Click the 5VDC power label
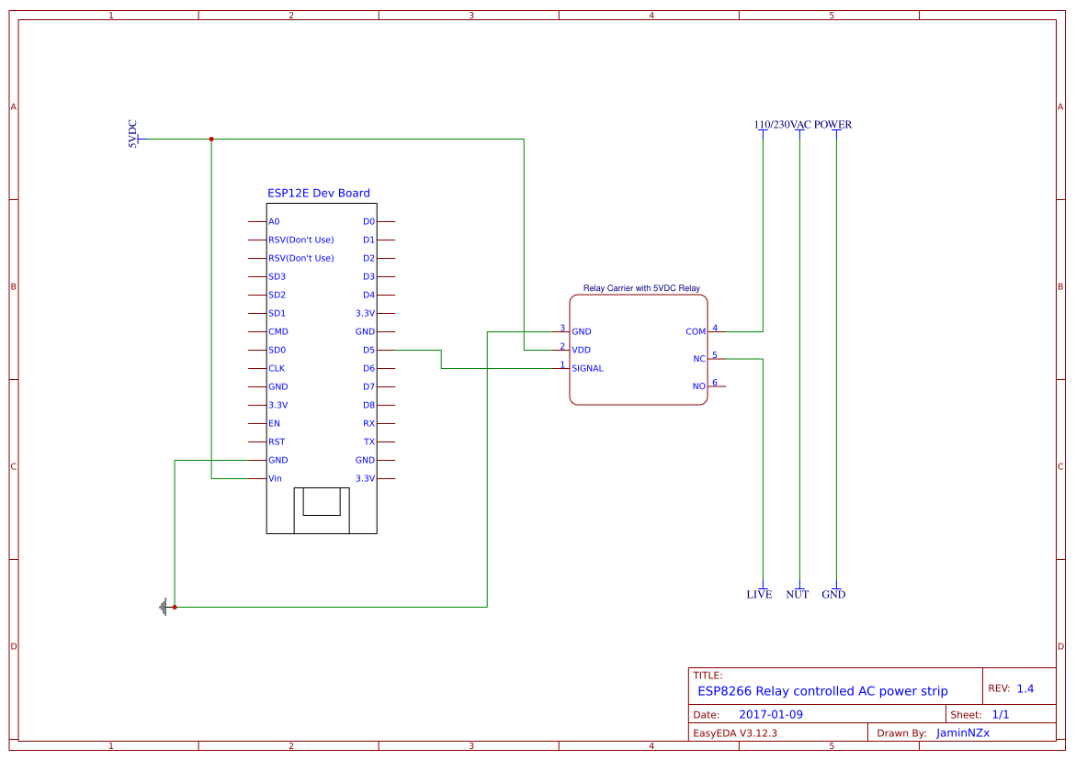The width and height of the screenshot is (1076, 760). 132,134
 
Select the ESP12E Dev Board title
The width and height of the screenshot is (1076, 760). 319,194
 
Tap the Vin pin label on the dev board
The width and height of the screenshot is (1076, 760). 275,479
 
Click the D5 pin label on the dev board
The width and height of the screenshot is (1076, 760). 368,351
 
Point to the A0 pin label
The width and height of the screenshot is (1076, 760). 274,222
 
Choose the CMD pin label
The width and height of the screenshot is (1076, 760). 278,332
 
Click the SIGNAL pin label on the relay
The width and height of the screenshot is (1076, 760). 587,369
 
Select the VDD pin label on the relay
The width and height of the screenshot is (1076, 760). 581,351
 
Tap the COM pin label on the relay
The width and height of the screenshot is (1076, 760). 696,332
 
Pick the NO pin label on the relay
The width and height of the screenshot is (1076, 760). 699,387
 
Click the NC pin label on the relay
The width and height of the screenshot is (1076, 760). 699,360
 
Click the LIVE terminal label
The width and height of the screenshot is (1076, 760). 759,595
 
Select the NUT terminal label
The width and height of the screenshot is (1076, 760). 798,595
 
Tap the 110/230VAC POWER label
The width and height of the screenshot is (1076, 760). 802,125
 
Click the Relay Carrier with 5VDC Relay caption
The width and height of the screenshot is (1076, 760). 641,288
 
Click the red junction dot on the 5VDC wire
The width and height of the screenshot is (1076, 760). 211,140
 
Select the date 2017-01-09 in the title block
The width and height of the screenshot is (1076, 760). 770,715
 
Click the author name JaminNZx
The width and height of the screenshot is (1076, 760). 962,733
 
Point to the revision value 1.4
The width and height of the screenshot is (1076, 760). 1025,689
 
